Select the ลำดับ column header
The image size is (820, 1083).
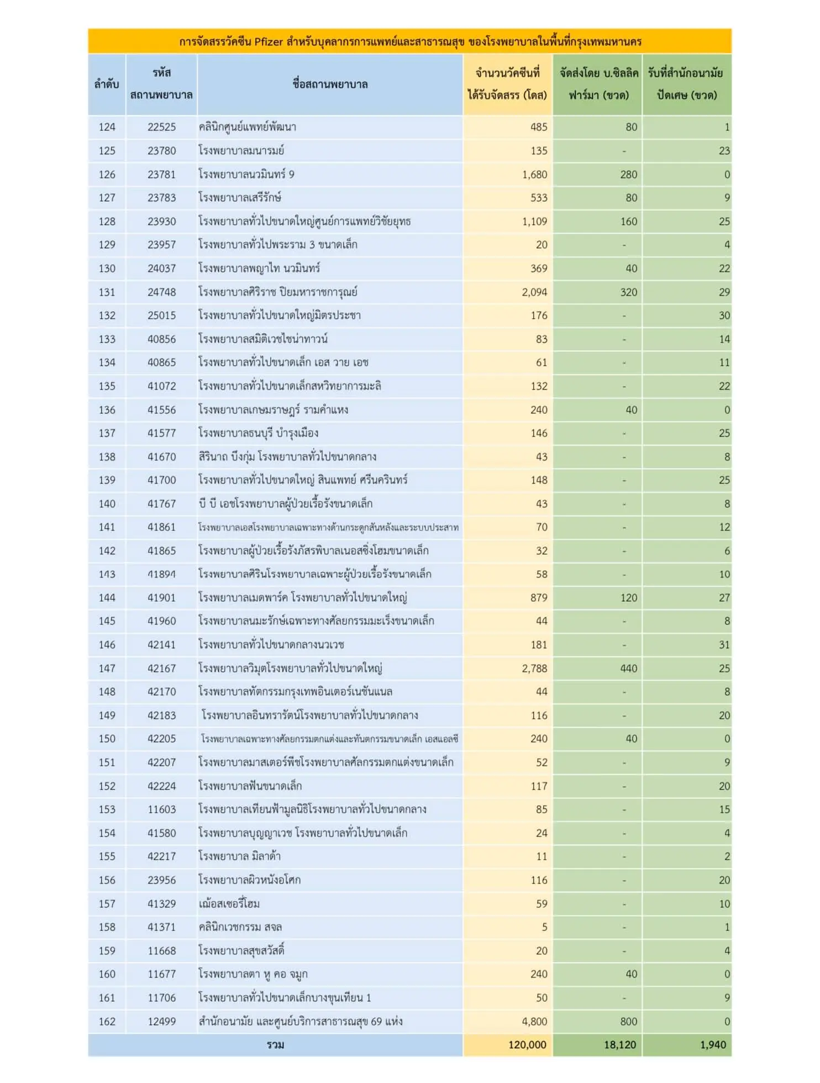coord(107,84)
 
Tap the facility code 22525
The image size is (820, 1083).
coord(161,127)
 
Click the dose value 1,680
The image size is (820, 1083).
coord(534,175)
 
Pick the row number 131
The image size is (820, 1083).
coord(107,292)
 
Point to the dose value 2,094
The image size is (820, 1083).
coord(534,292)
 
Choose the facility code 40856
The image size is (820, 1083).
coord(161,339)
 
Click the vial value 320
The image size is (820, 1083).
coord(628,292)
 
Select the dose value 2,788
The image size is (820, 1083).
coord(534,669)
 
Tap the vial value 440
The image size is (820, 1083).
coord(628,669)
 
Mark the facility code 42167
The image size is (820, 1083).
coord(161,669)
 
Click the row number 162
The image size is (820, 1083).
coord(107,1022)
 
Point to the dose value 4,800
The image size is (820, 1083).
coord(534,1022)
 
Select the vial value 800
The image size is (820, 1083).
coord(628,1022)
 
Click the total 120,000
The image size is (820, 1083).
coord(527,1045)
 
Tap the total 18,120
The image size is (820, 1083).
coord(620,1045)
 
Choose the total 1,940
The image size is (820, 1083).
coord(713,1045)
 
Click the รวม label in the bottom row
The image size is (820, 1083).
coord(275,1045)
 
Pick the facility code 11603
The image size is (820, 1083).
coord(161,809)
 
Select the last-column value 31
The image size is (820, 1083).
coord(724,645)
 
